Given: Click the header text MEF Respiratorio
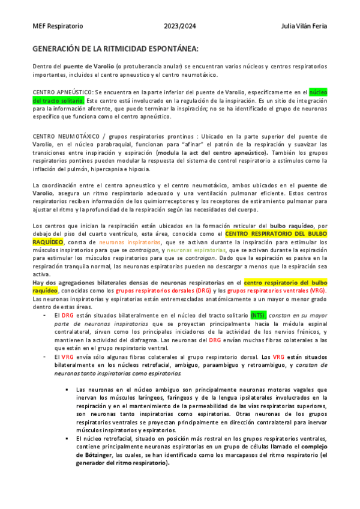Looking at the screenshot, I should pyautogui.click(x=58, y=26).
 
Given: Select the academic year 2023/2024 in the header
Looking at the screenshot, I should pyautogui.click(x=180, y=26).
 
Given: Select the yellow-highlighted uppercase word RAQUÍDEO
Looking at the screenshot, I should pyautogui.click(x=47, y=241).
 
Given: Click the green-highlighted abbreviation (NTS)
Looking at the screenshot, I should pyautogui.click(x=258, y=315).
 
